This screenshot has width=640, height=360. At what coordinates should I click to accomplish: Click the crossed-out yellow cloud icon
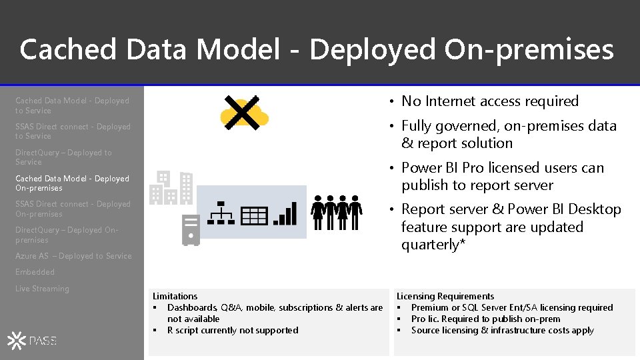244,113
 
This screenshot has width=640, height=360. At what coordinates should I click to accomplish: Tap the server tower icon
191,230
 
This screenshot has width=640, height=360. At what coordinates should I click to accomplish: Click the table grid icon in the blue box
254,215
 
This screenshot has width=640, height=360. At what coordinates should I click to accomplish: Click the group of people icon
337,212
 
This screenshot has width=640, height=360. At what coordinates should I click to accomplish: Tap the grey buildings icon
171,187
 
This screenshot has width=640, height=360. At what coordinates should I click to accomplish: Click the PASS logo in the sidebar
33,341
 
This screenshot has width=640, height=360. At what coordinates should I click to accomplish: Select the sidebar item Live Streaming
42,289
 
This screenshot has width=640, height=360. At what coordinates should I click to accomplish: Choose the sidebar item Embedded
35,272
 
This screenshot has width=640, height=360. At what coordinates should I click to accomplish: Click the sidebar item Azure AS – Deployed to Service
73,256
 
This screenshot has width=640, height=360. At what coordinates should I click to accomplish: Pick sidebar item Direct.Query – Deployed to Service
63,157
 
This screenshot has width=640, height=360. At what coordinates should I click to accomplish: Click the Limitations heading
175,296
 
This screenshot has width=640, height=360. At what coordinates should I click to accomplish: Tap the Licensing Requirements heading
445,296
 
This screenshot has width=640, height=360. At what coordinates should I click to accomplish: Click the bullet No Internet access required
489,101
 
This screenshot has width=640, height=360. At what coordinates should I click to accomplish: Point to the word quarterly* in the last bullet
433,245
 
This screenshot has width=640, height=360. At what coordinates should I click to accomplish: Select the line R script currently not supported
232,330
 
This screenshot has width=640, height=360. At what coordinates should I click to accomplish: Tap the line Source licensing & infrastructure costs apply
502,330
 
